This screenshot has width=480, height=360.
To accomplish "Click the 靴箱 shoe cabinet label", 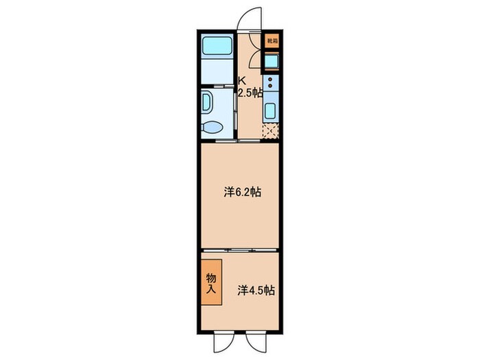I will pos(272,40).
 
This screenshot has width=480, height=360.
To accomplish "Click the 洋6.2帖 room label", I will pos(242,193).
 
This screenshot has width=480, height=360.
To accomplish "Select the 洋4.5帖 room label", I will pos(256,290).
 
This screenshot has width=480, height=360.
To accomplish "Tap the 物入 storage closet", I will pos(211,282).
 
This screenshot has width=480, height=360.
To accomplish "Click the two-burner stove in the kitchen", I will pos(272,84).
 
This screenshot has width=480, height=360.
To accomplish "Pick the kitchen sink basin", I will pos(271,111).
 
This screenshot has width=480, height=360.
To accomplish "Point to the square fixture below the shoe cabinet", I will pos(272,62).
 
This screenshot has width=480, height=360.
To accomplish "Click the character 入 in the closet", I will pos(211,288).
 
